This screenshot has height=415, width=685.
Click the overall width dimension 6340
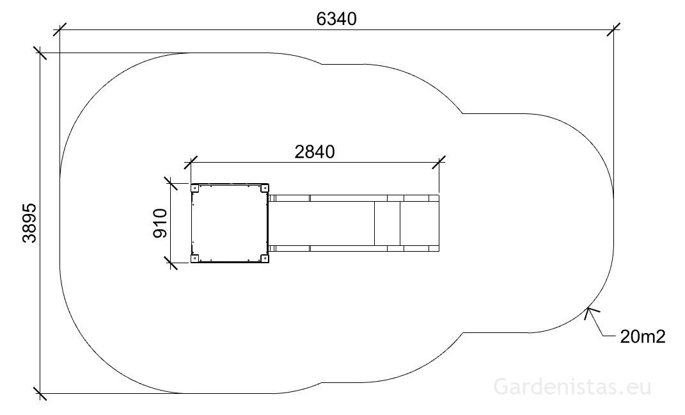click(336, 19)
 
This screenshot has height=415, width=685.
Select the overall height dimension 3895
click(29, 223)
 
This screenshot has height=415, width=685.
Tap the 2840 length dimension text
click(315, 152)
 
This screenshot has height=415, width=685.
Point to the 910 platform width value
click(161, 223)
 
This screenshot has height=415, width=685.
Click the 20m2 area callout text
click(643, 337)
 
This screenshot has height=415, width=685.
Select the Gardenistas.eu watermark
click(572, 387)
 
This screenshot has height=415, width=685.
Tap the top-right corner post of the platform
click(264, 188)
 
